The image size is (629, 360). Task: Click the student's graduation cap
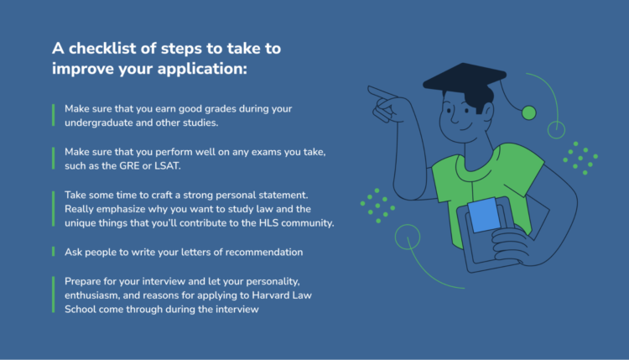click(465, 76)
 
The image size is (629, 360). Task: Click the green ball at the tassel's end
click(528, 112)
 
